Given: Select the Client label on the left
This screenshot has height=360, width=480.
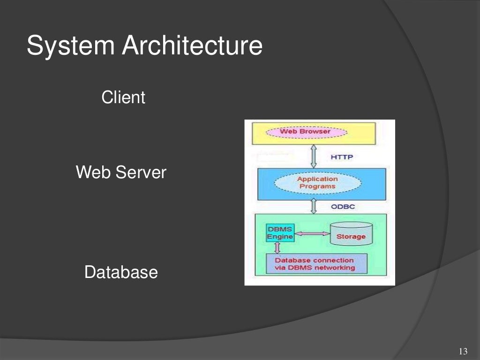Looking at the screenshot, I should (123, 98).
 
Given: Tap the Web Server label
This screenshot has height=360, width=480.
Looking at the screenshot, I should (121, 172).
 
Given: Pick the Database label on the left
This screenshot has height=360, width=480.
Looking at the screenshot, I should (121, 272).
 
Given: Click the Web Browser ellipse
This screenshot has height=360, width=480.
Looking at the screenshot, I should (306, 132).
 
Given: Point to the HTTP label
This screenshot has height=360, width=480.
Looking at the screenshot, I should (342, 157).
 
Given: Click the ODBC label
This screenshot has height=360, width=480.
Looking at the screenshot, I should (343, 206).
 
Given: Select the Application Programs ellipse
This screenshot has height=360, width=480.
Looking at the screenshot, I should (317, 183).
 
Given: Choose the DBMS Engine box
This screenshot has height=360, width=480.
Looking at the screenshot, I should (280, 233).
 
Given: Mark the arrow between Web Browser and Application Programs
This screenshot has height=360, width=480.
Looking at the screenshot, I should (314, 157).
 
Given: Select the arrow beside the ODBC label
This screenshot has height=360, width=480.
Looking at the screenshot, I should (314, 206).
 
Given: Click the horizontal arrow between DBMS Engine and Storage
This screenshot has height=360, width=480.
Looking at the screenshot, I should (312, 233).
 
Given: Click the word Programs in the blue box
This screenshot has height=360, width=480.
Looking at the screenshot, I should (317, 187).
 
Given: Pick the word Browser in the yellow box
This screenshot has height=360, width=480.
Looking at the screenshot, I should (315, 132).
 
